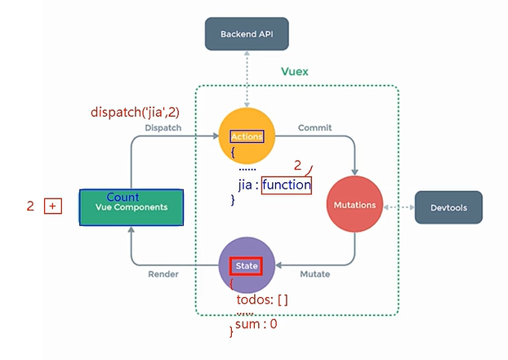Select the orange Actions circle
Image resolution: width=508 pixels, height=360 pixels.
click(x=247, y=136)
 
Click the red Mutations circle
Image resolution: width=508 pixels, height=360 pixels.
click(x=354, y=206)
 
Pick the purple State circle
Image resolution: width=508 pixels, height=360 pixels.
click(x=247, y=266)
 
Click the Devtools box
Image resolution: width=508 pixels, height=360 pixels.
click(x=448, y=207)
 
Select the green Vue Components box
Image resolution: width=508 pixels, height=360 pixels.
click(x=131, y=207)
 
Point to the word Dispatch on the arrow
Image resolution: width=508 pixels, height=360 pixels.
click(x=163, y=127)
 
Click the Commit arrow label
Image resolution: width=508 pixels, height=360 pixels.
click(x=314, y=127)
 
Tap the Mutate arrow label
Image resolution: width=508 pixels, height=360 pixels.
click(x=314, y=274)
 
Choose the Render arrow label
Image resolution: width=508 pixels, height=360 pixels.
click(x=163, y=274)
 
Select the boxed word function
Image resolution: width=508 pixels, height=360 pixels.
click(x=287, y=185)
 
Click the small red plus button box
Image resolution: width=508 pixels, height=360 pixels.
click(x=53, y=207)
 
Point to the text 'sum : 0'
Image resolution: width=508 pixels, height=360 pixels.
click(x=256, y=324)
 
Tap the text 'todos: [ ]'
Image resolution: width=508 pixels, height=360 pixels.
click(x=261, y=300)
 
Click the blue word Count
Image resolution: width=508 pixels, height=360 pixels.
click(x=123, y=198)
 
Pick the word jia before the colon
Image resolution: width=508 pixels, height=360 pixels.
click(x=238, y=185)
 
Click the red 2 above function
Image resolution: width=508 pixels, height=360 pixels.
click(x=298, y=166)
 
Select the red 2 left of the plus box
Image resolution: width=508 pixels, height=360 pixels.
click(x=30, y=207)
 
